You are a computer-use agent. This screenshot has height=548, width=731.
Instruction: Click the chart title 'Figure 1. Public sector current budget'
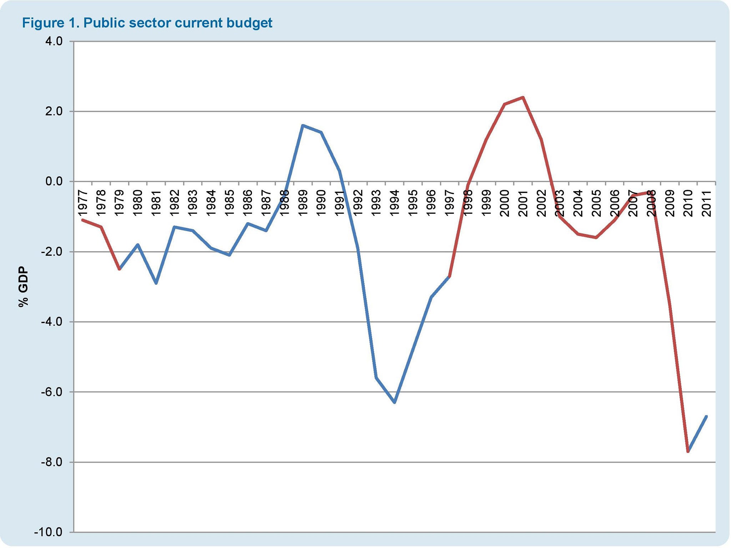click(147, 23)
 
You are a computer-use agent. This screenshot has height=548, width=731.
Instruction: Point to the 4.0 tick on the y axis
click(54, 41)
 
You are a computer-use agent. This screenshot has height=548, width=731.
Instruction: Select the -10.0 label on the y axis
click(48, 532)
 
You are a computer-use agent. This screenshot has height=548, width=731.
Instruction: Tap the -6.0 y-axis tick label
click(52, 392)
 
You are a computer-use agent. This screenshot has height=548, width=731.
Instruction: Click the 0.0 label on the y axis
click(54, 182)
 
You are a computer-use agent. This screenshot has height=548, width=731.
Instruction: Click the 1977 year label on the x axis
click(82, 203)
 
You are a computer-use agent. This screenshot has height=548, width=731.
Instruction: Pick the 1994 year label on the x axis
click(394, 203)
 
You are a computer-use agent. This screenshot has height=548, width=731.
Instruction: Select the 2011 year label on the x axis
click(706, 203)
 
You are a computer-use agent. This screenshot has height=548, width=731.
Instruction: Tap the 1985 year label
click(229, 203)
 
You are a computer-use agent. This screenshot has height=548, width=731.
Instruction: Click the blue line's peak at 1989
click(303, 126)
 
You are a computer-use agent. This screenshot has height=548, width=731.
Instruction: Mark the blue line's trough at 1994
click(394, 402)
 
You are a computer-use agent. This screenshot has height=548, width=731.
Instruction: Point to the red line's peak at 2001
click(523, 97)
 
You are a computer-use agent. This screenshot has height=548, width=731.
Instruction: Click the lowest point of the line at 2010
click(688, 452)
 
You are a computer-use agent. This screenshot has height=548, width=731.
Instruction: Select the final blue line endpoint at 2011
click(706, 416)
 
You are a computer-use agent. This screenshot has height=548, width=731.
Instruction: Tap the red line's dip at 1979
click(119, 269)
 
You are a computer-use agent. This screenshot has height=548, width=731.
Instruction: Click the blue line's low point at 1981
click(156, 283)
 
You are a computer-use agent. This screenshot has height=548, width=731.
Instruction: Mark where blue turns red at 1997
click(449, 276)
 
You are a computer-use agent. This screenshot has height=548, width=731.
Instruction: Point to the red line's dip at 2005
click(596, 238)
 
